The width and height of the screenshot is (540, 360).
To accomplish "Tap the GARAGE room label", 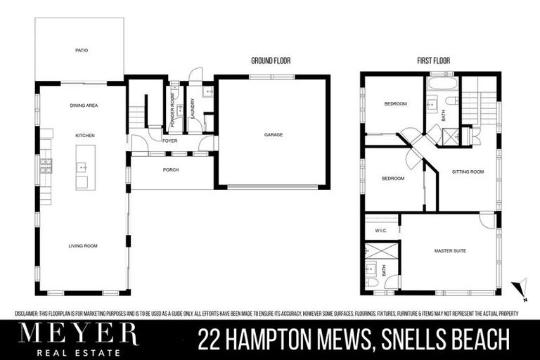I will [273, 134].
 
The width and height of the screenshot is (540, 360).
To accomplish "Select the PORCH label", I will [170, 170].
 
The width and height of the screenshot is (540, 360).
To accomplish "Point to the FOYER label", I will [169, 141].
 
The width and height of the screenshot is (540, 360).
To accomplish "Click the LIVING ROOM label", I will [83, 246].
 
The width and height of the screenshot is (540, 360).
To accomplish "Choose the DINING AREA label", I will [84, 105].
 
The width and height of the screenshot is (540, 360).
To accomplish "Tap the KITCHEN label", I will [85, 135].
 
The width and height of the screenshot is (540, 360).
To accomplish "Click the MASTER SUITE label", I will [450, 251].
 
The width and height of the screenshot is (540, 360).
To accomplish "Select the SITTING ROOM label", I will [468, 171].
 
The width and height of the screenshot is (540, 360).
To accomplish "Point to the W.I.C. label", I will [381, 229].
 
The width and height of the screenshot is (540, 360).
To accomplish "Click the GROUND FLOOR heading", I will [271, 61].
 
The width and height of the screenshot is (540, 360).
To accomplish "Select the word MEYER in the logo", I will [78, 333].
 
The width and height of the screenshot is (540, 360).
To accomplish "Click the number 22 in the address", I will [211, 341].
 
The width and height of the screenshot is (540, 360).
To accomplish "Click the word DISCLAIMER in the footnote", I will [31, 314].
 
